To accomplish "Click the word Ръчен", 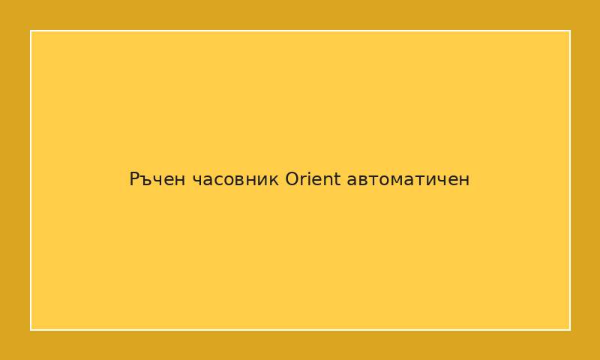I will pos(157,180).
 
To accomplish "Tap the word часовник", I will pos(235,180).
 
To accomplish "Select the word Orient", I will pos(313,180).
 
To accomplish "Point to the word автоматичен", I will pos(409,180).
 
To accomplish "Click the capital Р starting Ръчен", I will pos(135,180).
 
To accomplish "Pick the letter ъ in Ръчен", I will pos(146,181).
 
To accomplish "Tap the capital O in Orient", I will pos(292,180).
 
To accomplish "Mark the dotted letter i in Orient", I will pos(309,179).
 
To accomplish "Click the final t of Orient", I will pos(337,180).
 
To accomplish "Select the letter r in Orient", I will pos(303,181).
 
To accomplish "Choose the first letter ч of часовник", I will pos(196,181).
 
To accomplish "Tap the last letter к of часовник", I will pos(274,181).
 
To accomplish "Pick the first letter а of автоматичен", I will pos(352,181).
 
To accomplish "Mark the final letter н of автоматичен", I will pos(465,181).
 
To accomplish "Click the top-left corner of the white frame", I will pos(31,31).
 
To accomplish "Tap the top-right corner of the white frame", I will pos(570,31).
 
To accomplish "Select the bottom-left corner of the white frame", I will pos(31,329).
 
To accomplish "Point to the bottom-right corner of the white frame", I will pos(570,329).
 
